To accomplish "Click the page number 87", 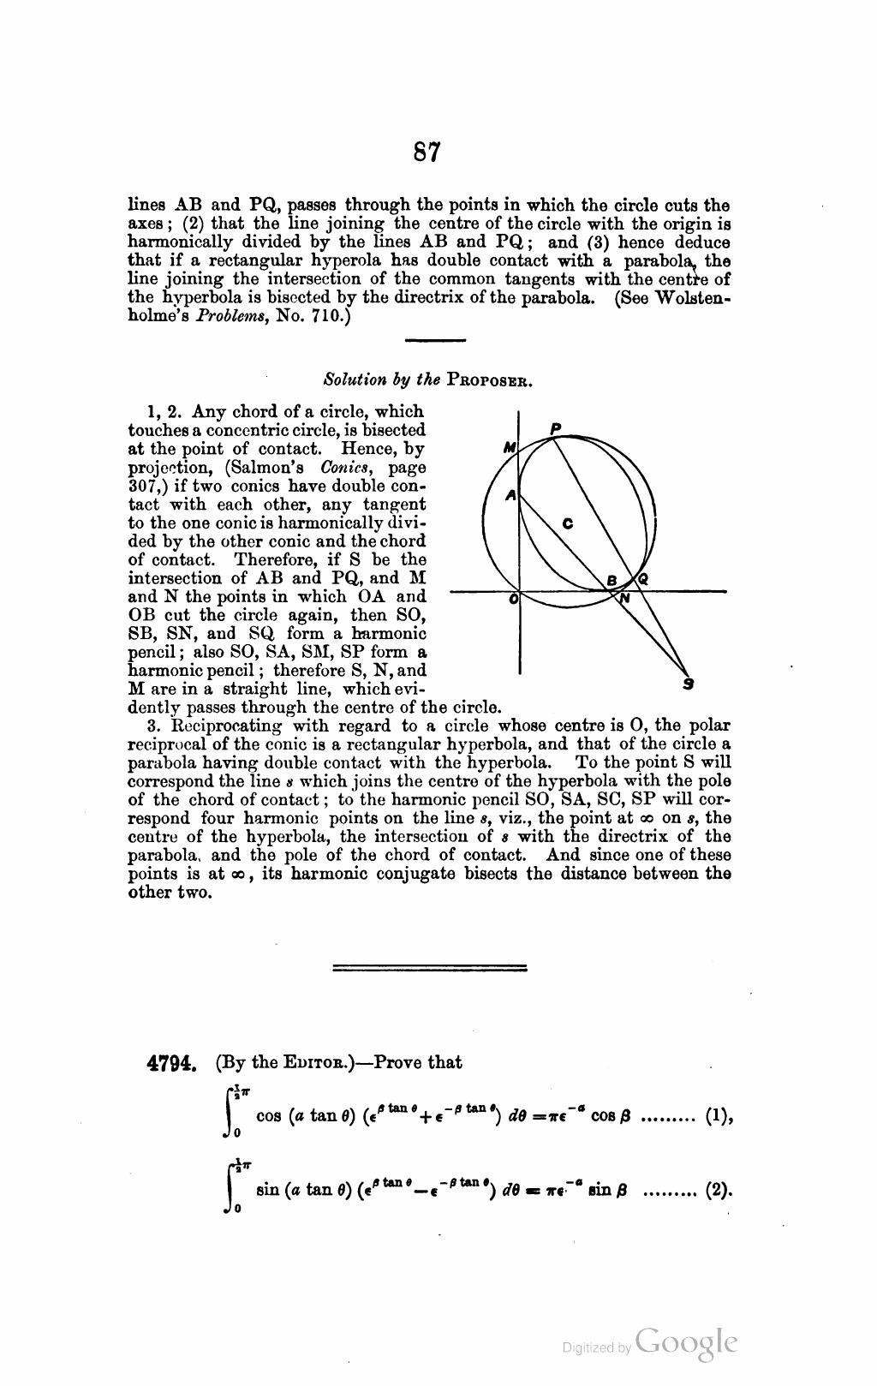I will tap(427, 152).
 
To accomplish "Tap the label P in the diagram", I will tap(555, 427).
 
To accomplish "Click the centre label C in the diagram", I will tap(567, 523).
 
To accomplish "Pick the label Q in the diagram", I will tap(642, 580).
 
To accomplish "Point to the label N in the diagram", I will tap(624, 600).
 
